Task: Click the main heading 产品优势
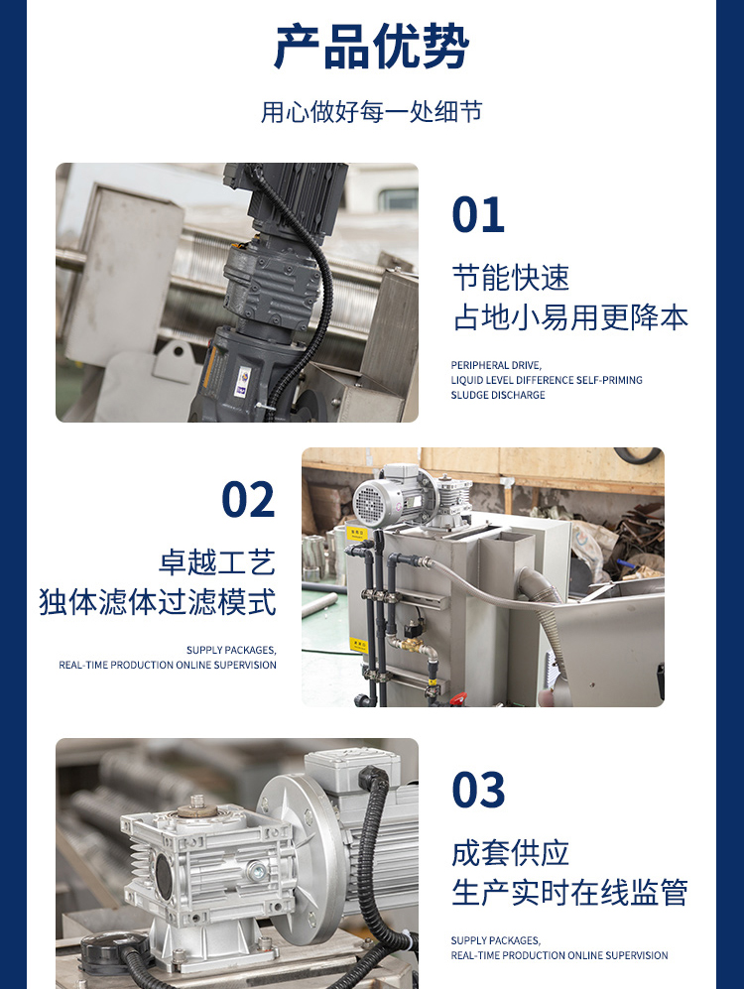(371, 47)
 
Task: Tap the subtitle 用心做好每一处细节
(371, 112)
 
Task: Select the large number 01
(478, 214)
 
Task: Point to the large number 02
(248, 499)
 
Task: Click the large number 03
(478, 789)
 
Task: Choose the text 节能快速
(511, 278)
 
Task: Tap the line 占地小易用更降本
(570, 317)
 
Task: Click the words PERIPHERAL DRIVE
(496, 365)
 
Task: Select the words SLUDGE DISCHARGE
(498, 395)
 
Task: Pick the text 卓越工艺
(217, 562)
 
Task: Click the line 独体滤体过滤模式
(158, 602)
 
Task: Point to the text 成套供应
(511, 853)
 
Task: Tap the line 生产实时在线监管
(570, 893)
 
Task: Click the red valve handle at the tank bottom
(459, 697)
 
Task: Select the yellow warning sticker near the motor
(356, 534)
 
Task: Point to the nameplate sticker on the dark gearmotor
(243, 382)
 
